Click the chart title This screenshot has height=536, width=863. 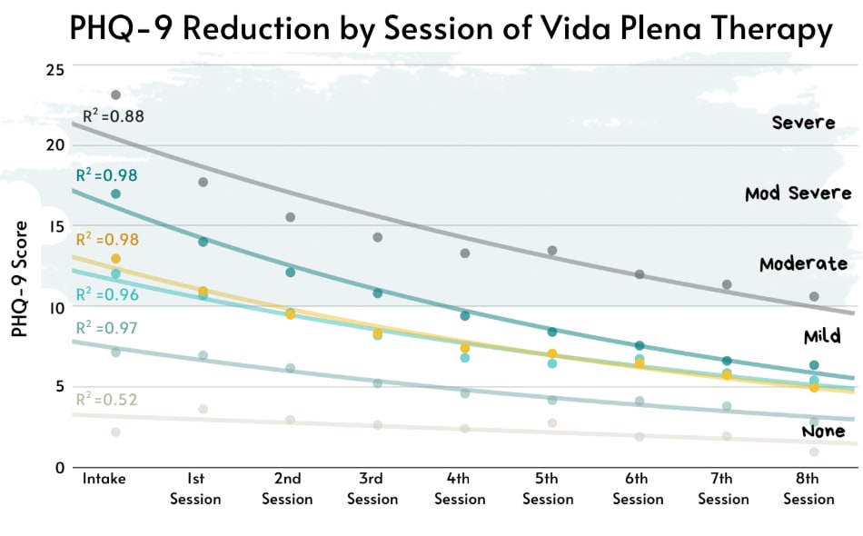(x=451, y=31)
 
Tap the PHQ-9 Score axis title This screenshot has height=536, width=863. (x=18, y=279)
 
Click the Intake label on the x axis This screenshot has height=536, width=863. (x=104, y=479)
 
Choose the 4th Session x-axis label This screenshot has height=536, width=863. (x=459, y=489)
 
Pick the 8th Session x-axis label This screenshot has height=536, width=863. (x=808, y=489)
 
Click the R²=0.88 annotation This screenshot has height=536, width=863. (x=113, y=116)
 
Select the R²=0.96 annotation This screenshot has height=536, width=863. (x=106, y=294)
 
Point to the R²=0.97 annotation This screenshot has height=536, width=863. (x=106, y=326)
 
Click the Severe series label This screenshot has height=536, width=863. (x=803, y=122)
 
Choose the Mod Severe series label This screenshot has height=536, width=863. (x=798, y=194)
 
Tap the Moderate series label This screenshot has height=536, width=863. (x=803, y=263)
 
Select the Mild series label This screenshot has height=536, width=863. (x=821, y=336)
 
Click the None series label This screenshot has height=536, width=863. (x=823, y=431)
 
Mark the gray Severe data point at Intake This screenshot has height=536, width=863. (x=115, y=94)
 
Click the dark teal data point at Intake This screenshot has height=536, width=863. (x=115, y=194)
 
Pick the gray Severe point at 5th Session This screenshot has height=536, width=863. (x=551, y=250)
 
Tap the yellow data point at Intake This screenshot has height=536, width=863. (x=115, y=259)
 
